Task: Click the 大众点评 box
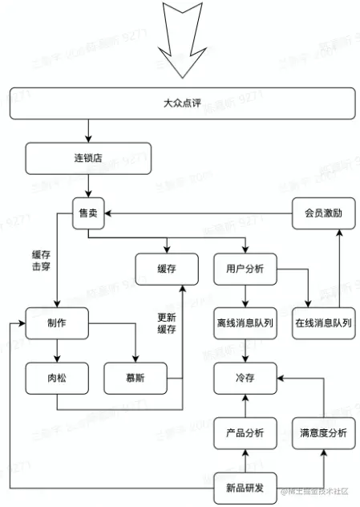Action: tap(180, 103)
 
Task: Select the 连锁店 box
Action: tap(87, 158)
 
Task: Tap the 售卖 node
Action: tap(87, 213)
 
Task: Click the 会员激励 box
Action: tap(323, 213)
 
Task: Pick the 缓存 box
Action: tap(167, 269)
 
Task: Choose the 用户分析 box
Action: tap(245, 269)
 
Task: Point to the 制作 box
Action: tap(56, 323)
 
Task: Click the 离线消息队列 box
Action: tap(245, 323)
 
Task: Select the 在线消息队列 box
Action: tap(323, 323)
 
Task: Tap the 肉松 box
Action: tap(56, 378)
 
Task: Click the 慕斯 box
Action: tap(136, 378)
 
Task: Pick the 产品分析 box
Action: tap(245, 432)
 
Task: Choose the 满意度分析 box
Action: tap(323, 432)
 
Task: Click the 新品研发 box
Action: tap(245, 487)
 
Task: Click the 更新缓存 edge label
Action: tap(167, 322)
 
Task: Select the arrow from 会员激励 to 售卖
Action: tap(200, 213)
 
